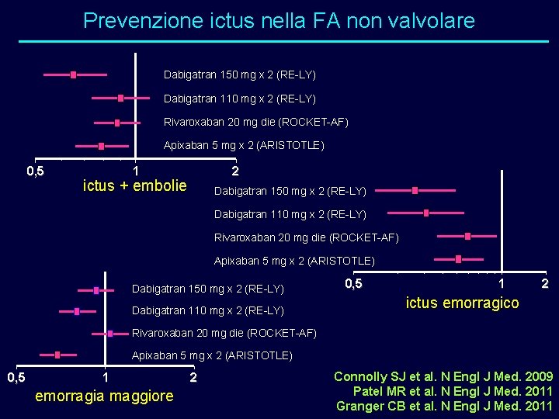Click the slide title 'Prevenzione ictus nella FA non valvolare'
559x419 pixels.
(279, 21)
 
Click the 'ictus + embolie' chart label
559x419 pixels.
(134, 185)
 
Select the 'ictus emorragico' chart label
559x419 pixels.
(462, 303)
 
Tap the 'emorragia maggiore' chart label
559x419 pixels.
(105, 396)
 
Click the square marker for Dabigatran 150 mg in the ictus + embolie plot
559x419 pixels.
(73, 75)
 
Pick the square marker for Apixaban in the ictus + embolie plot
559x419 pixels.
(101, 146)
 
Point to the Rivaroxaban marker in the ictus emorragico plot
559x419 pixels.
(467, 236)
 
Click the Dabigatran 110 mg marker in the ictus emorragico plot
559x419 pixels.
(426, 213)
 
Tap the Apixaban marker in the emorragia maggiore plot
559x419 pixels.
(57, 355)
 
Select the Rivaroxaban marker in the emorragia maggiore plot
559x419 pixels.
(110, 333)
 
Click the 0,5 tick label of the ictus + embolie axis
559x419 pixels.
(36, 171)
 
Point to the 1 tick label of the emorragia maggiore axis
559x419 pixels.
(106, 378)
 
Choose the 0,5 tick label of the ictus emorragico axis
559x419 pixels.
(352, 284)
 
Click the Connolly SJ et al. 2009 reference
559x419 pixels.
(443, 376)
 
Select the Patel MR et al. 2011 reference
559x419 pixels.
(453, 391)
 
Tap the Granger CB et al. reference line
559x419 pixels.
(444, 406)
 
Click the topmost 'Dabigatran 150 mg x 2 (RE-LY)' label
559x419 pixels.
(239, 75)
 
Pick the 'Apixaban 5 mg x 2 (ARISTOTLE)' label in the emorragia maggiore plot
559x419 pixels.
(212, 356)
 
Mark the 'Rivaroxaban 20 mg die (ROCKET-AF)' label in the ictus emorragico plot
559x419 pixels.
(306, 237)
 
